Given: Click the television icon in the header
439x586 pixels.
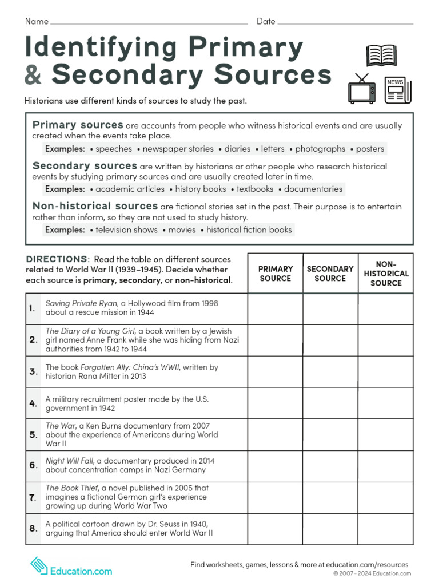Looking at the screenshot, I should (x=362, y=90).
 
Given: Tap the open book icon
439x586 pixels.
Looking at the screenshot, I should (x=381, y=56).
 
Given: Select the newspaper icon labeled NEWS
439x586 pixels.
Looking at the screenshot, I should (x=397, y=90).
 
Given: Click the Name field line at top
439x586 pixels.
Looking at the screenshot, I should (x=149, y=23).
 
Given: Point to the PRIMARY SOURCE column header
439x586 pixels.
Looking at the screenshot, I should (x=275, y=274).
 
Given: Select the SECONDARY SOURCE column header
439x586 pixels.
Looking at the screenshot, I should (x=330, y=274).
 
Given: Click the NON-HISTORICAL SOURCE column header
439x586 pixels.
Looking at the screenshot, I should (x=386, y=274).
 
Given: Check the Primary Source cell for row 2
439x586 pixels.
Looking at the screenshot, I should (x=275, y=340).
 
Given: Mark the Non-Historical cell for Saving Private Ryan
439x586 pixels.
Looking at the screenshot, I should (x=386, y=308).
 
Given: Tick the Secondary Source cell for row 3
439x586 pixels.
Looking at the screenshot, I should (x=330, y=372).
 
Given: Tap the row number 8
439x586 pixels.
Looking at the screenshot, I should (x=33, y=529).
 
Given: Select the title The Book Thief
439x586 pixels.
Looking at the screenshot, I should (x=70, y=488).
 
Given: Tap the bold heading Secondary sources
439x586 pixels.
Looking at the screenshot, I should (x=85, y=166).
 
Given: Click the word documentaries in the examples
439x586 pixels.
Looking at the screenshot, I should (x=313, y=189).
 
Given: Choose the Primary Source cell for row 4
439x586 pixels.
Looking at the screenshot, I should (x=275, y=403).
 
